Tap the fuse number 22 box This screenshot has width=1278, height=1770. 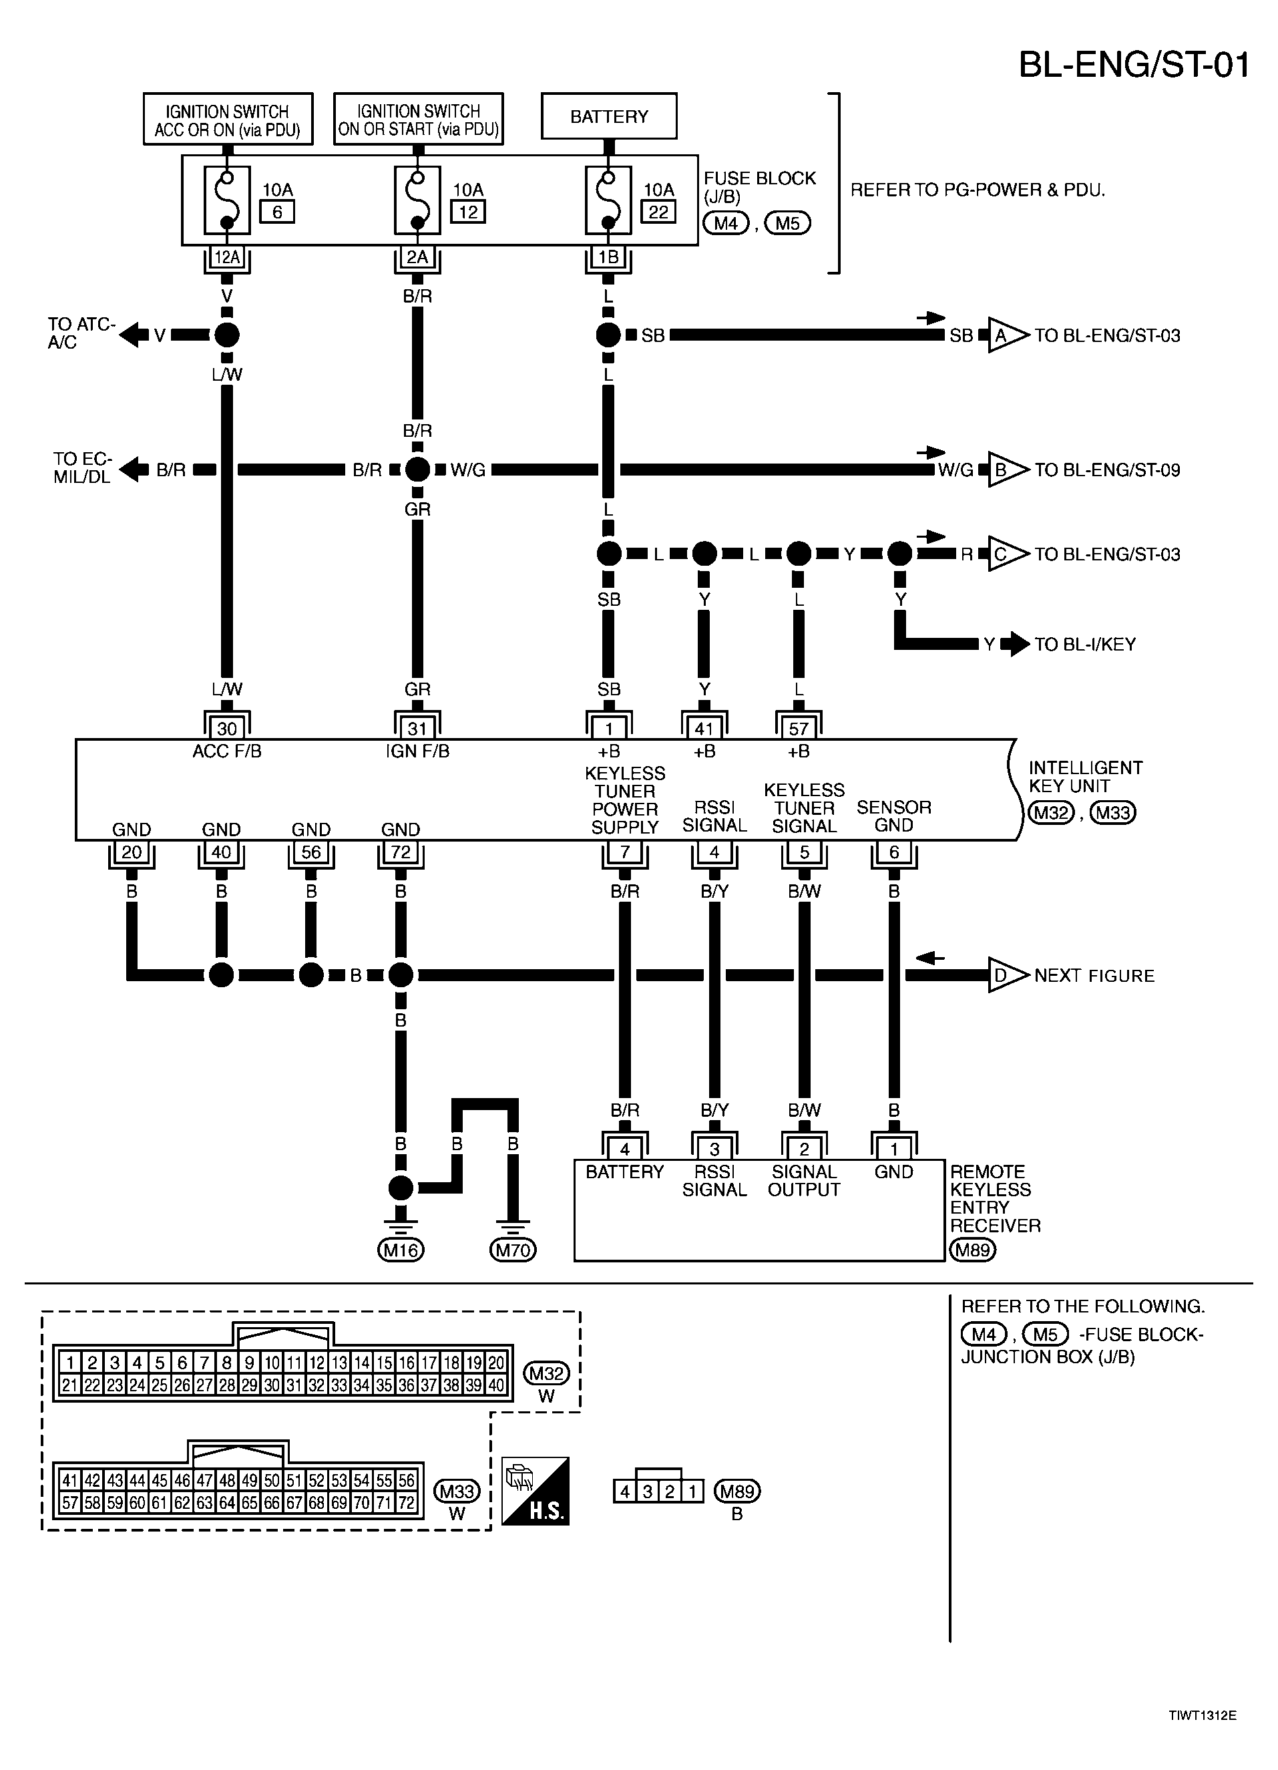[x=658, y=212]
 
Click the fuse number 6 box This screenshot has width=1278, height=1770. [x=277, y=212]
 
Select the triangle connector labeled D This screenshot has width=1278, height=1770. [x=1002, y=976]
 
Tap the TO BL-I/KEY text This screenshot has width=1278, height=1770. [x=1084, y=645]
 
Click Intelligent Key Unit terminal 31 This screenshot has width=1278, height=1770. [x=417, y=729]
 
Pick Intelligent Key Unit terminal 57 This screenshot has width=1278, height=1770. [x=798, y=729]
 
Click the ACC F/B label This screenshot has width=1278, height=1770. [x=227, y=751]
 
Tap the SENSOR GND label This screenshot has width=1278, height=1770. [x=893, y=816]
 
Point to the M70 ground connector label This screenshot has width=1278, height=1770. [x=513, y=1251]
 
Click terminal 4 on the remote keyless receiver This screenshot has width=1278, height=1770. [x=624, y=1149]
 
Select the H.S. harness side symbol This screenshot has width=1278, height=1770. [x=536, y=1491]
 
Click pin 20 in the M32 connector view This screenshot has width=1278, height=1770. [x=496, y=1363]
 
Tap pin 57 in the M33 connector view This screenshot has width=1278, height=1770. [x=70, y=1502]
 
